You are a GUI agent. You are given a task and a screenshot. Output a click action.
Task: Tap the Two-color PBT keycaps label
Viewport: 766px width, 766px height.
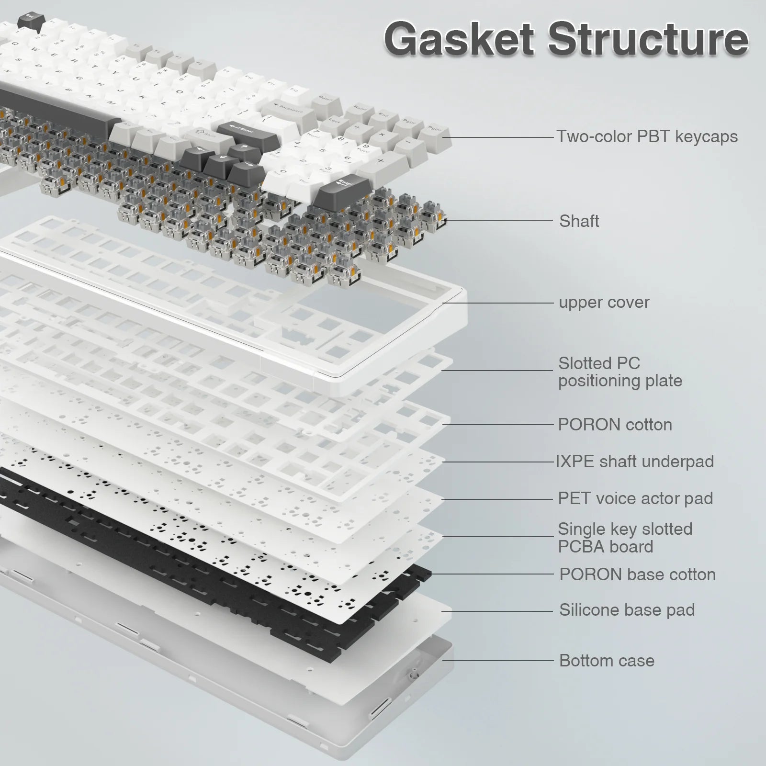tap(647, 137)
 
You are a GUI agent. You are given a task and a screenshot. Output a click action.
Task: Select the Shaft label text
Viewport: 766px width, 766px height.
tap(579, 221)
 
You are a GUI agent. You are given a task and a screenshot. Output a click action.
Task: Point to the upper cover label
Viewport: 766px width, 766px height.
tap(604, 303)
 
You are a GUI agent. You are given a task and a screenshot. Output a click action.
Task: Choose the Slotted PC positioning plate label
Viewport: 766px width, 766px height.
tap(620, 372)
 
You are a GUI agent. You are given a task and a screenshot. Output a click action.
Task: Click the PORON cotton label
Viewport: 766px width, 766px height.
tap(615, 425)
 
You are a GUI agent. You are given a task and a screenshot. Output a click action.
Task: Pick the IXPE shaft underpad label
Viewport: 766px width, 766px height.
tap(635, 462)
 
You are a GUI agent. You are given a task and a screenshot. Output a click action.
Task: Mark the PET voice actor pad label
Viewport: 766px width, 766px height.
tap(635, 498)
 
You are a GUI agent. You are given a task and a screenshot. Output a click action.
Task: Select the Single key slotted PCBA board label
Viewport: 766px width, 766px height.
tap(625, 538)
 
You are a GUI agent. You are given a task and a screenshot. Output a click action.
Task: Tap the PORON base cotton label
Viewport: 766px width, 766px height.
tap(637, 574)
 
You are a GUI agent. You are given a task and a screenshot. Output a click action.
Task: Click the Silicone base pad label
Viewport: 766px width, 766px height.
tap(627, 610)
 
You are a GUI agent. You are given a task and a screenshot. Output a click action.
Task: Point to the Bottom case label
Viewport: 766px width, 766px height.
tap(607, 661)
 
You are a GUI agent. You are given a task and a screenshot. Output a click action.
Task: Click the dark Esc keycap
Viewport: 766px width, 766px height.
tap(31, 22)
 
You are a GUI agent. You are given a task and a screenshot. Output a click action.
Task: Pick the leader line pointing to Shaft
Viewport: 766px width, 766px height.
tap(498, 221)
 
